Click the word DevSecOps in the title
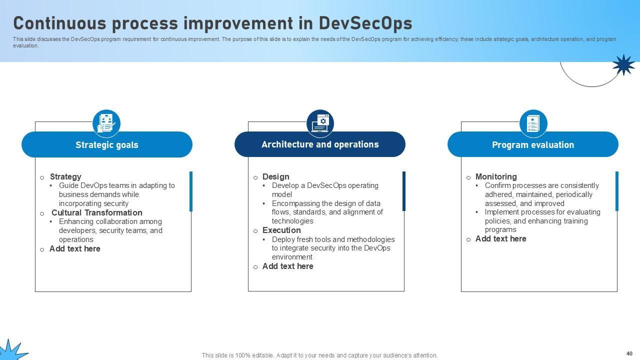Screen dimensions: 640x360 [x=365, y=23]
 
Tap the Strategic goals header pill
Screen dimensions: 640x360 [x=107, y=144]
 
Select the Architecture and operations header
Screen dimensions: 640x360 [x=320, y=144]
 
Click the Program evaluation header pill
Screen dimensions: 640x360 [x=533, y=144]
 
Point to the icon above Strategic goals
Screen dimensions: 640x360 [x=106, y=123]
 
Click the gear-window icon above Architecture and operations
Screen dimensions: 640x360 [x=320, y=123]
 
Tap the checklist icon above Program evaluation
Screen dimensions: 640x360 [x=533, y=123]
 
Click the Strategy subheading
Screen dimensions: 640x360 [x=65, y=176]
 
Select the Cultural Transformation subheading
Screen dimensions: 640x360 [x=97, y=212]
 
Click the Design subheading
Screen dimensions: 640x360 [x=275, y=176]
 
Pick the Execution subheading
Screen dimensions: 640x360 [x=281, y=230]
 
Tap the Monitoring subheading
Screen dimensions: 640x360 [x=496, y=176]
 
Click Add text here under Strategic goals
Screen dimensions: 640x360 [x=75, y=248]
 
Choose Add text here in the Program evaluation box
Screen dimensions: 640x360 [x=500, y=238]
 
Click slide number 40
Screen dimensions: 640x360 [x=629, y=353]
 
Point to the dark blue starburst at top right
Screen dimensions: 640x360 [x=623, y=65]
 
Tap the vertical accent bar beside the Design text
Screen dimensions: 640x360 [x=403, y=191]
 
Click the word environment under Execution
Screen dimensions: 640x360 [x=292, y=257]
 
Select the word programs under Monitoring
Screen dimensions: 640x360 [x=500, y=229]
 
